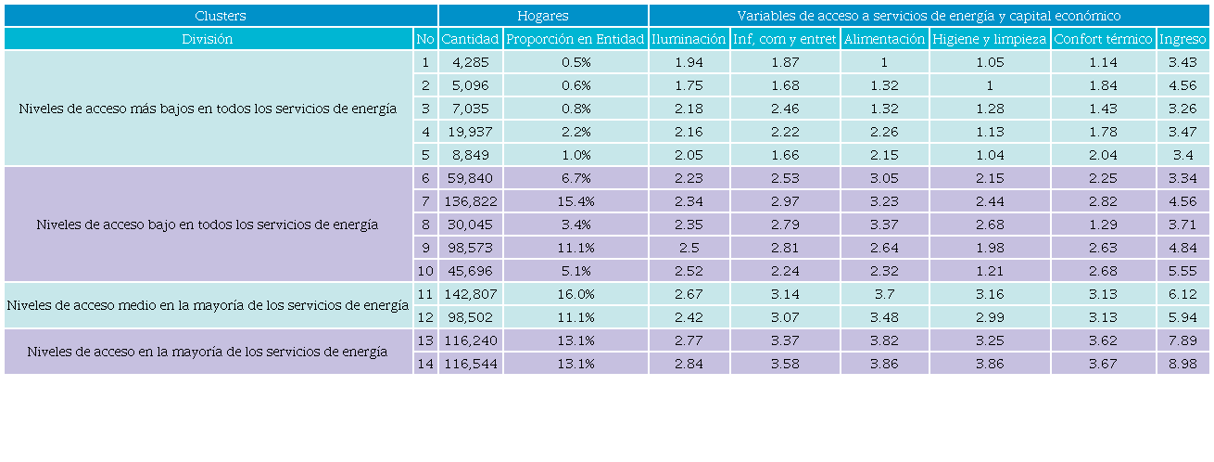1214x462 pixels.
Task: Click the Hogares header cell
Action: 543,16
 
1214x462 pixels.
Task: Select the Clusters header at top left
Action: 221,16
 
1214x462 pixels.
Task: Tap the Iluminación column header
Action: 689,39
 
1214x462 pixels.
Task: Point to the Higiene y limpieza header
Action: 990,39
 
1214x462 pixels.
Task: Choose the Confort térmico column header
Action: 1103,39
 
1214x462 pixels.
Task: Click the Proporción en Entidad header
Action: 575,39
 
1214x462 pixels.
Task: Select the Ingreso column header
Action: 1182,39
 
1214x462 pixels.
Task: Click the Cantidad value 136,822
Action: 470,201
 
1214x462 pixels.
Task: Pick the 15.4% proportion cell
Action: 575,201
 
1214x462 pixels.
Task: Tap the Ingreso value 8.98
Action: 1182,364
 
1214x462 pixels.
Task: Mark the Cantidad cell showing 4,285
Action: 470,62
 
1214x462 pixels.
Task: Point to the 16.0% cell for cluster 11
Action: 575,294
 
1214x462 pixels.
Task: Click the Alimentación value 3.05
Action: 884,178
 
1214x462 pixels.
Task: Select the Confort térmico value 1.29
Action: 1103,225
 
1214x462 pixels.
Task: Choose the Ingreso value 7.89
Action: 1182,340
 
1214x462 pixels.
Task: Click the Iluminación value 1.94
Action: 689,62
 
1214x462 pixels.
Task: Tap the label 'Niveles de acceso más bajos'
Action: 208,109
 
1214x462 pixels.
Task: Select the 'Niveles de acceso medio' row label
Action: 208,305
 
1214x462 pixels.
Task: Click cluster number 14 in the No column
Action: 425,364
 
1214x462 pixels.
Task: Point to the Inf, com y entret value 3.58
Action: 785,364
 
